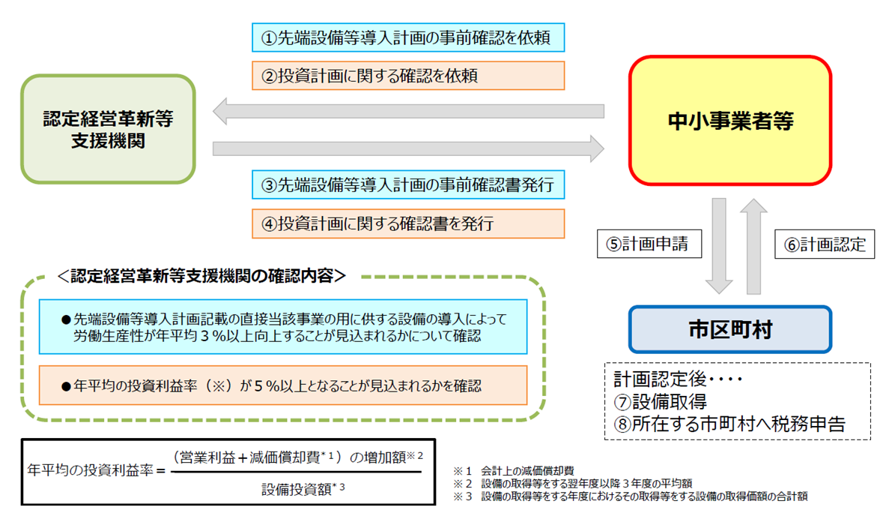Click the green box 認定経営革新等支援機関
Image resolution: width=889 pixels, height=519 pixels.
tap(108, 128)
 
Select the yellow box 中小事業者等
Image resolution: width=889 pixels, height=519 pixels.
tap(729, 121)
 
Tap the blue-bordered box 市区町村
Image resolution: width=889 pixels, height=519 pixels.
tap(729, 328)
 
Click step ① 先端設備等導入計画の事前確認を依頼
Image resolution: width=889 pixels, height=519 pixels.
tap(408, 37)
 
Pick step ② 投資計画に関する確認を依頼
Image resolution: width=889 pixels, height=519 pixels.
tap(408, 75)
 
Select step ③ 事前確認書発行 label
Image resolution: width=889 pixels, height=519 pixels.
tap(408, 184)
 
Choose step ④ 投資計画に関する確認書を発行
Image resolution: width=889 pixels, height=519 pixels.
tap(408, 223)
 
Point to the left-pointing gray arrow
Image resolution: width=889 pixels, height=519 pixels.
tap(408, 111)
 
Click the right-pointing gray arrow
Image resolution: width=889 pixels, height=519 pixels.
tap(408, 148)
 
